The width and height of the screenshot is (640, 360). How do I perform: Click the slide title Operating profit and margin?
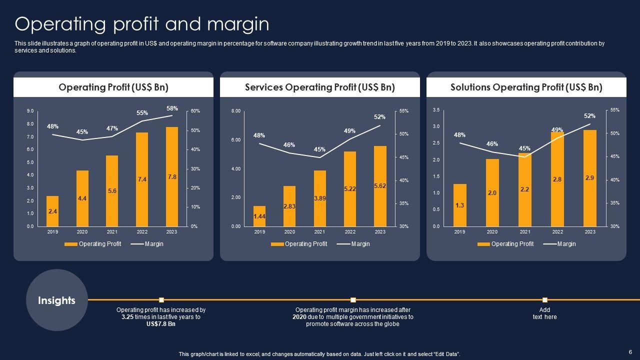142,24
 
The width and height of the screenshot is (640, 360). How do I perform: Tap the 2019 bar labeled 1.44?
259,216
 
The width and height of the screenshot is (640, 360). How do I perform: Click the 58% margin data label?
172,108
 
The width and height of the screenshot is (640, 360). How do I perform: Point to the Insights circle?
56,300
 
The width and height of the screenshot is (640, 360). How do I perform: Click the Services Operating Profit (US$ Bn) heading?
320,87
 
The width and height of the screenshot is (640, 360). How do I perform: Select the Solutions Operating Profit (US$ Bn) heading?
526,87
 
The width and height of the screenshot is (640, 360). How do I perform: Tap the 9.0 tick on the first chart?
30,111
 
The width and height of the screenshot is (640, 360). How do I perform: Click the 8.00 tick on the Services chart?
235,111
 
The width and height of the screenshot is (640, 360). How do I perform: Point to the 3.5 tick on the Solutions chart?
436,110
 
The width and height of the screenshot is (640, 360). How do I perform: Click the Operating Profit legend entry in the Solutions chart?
512,244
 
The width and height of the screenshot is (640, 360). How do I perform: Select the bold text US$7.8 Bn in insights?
161,324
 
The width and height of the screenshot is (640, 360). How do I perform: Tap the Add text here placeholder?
544,313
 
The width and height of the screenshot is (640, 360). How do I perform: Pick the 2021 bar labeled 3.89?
319,198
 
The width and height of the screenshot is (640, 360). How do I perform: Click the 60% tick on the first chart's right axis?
195,111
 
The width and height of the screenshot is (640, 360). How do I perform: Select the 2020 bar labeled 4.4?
82,198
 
